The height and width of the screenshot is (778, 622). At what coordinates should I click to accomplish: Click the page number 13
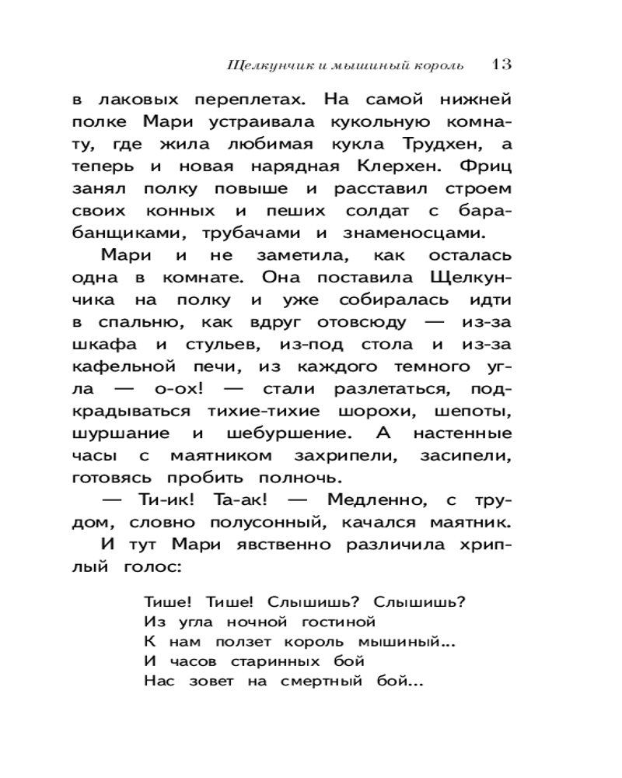click(x=501, y=64)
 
